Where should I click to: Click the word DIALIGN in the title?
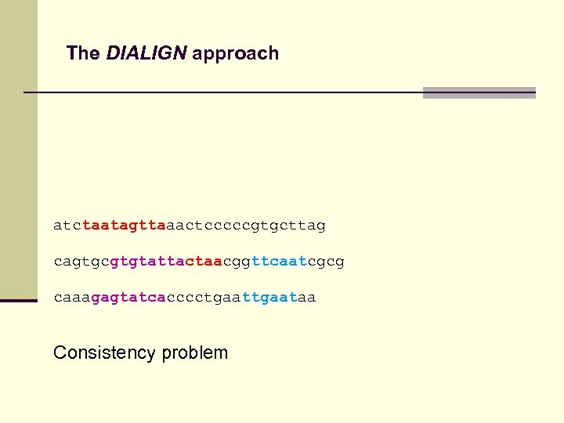tap(146, 53)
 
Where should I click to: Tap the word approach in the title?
tap(235, 54)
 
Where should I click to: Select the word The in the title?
tap(83, 53)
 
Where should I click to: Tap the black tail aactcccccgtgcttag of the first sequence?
tap(245, 226)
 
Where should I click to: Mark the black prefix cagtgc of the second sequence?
tap(81, 261)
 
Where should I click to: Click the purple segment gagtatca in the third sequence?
tap(128, 298)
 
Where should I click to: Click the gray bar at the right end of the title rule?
tap(479, 92)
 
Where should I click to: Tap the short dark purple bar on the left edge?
tap(19, 300)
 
